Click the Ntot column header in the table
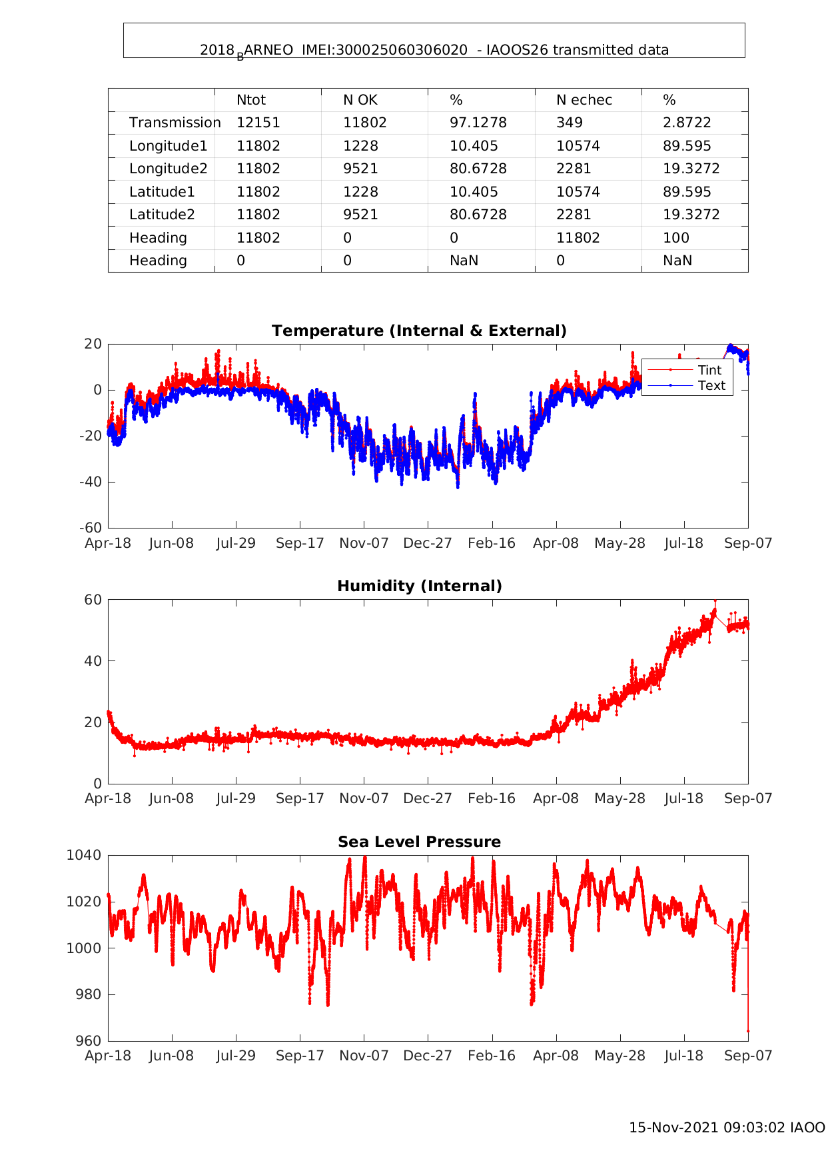(250, 100)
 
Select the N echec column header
(584, 100)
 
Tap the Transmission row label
(175, 123)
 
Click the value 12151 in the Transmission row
(258, 123)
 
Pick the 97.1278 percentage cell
(478, 123)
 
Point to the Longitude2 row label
(169, 169)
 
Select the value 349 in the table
(570, 123)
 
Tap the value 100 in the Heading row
(676, 238)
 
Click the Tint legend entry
(709, 370)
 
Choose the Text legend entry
(711, 385)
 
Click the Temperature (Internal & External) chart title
(419, 331)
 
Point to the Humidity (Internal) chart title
(419, 586)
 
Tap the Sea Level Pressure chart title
(419, 842)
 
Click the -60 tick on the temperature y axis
(91, 528)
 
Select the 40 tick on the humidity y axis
(94, 661)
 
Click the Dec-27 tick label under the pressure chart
(428, 1056)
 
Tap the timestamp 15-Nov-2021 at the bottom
(673, 1128)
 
